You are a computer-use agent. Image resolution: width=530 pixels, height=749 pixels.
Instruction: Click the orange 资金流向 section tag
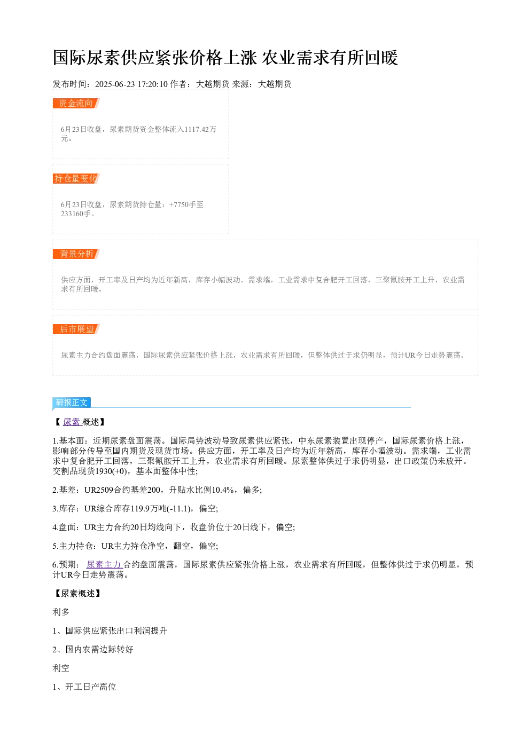pyautogui.click(x=76, y=104)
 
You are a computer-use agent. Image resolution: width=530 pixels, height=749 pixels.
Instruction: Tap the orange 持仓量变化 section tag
pyautogui.click(x=76, y=178)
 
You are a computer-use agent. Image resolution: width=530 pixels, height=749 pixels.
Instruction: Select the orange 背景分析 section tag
pyautogui.click(x=76, y=254)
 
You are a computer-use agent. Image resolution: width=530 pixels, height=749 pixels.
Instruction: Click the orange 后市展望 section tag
pyautogui.click(x=76, y=329)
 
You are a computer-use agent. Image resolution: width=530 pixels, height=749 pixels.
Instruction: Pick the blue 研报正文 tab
pyautogui.click(x=72, y=402)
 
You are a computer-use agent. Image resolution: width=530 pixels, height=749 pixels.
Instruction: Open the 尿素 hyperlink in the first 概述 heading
pyautogui.click(x=72, y=422)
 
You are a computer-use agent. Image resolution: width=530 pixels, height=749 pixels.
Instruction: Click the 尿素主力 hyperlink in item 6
pyautogui.click(x=104, y=565)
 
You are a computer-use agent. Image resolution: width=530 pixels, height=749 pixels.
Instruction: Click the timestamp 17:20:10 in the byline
pyautogui.click(x=152, y=84)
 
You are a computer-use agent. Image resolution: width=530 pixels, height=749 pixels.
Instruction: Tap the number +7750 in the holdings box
pyautogui.click(x=179, y=204)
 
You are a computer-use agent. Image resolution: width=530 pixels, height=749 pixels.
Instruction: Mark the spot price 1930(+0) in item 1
pyautogui.click(x=111, y=471)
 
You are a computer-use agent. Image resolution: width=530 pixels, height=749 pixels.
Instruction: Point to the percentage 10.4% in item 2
pyautogui.click(x=222, y=490)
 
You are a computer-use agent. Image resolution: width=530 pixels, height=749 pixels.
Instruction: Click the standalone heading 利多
pyautogui.click(x=61, y=612)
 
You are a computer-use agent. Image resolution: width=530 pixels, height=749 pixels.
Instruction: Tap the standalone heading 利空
pyautogui.click(x=61, y=668)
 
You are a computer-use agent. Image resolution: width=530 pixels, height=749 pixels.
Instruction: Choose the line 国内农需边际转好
pyautogui.click(x=99, y=650)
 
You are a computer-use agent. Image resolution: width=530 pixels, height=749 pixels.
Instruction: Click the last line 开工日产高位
pyautogui.click(x=91, y=687)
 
